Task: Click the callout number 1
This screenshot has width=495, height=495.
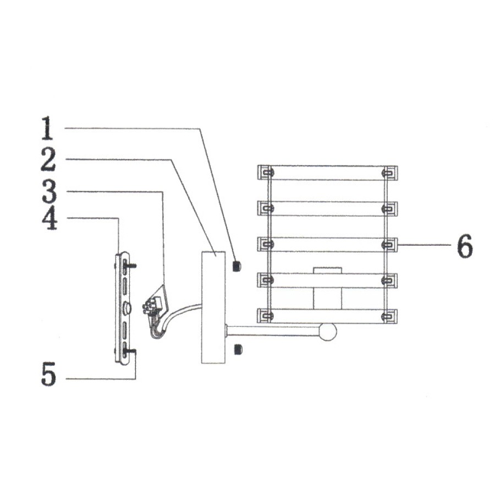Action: (x=47, y=128)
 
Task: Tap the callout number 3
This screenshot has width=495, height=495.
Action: (x=50, y=191)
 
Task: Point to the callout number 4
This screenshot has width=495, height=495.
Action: (x=50, y=218)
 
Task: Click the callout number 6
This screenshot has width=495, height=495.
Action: (x=465, y=246)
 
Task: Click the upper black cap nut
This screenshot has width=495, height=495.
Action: (x=237, y=266)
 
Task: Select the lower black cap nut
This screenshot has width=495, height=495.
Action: (x=238, y=349)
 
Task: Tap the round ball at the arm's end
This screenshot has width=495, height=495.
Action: (x=328, y=332)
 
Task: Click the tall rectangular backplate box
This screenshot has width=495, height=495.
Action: (x=213, y=307)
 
